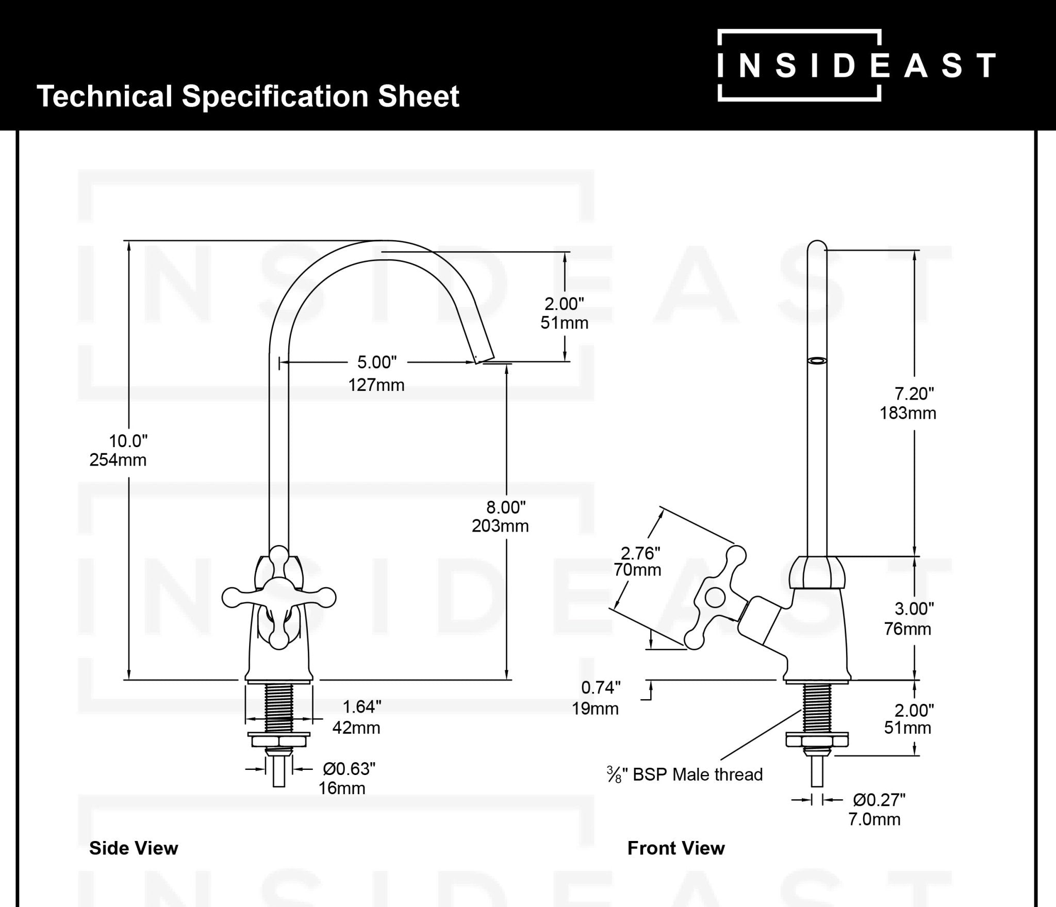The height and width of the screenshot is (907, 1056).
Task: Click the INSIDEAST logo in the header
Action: (x=856, y=65)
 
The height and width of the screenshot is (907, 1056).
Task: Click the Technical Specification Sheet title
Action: (x=248, y=96)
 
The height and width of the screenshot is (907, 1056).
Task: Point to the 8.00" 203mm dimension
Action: (x=501, y=517)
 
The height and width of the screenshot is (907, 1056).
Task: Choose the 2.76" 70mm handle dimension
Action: (x=638, y=562)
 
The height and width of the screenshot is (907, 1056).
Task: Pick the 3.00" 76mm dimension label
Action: (x=909, y=619)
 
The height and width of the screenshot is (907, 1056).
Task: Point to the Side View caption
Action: (x=134, y=848)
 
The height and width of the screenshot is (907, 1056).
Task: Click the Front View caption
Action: (x=675, y=848)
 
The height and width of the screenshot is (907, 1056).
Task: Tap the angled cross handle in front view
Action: (x=715, y=598)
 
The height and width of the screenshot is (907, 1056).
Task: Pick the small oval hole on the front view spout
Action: (x=816, y=360)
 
